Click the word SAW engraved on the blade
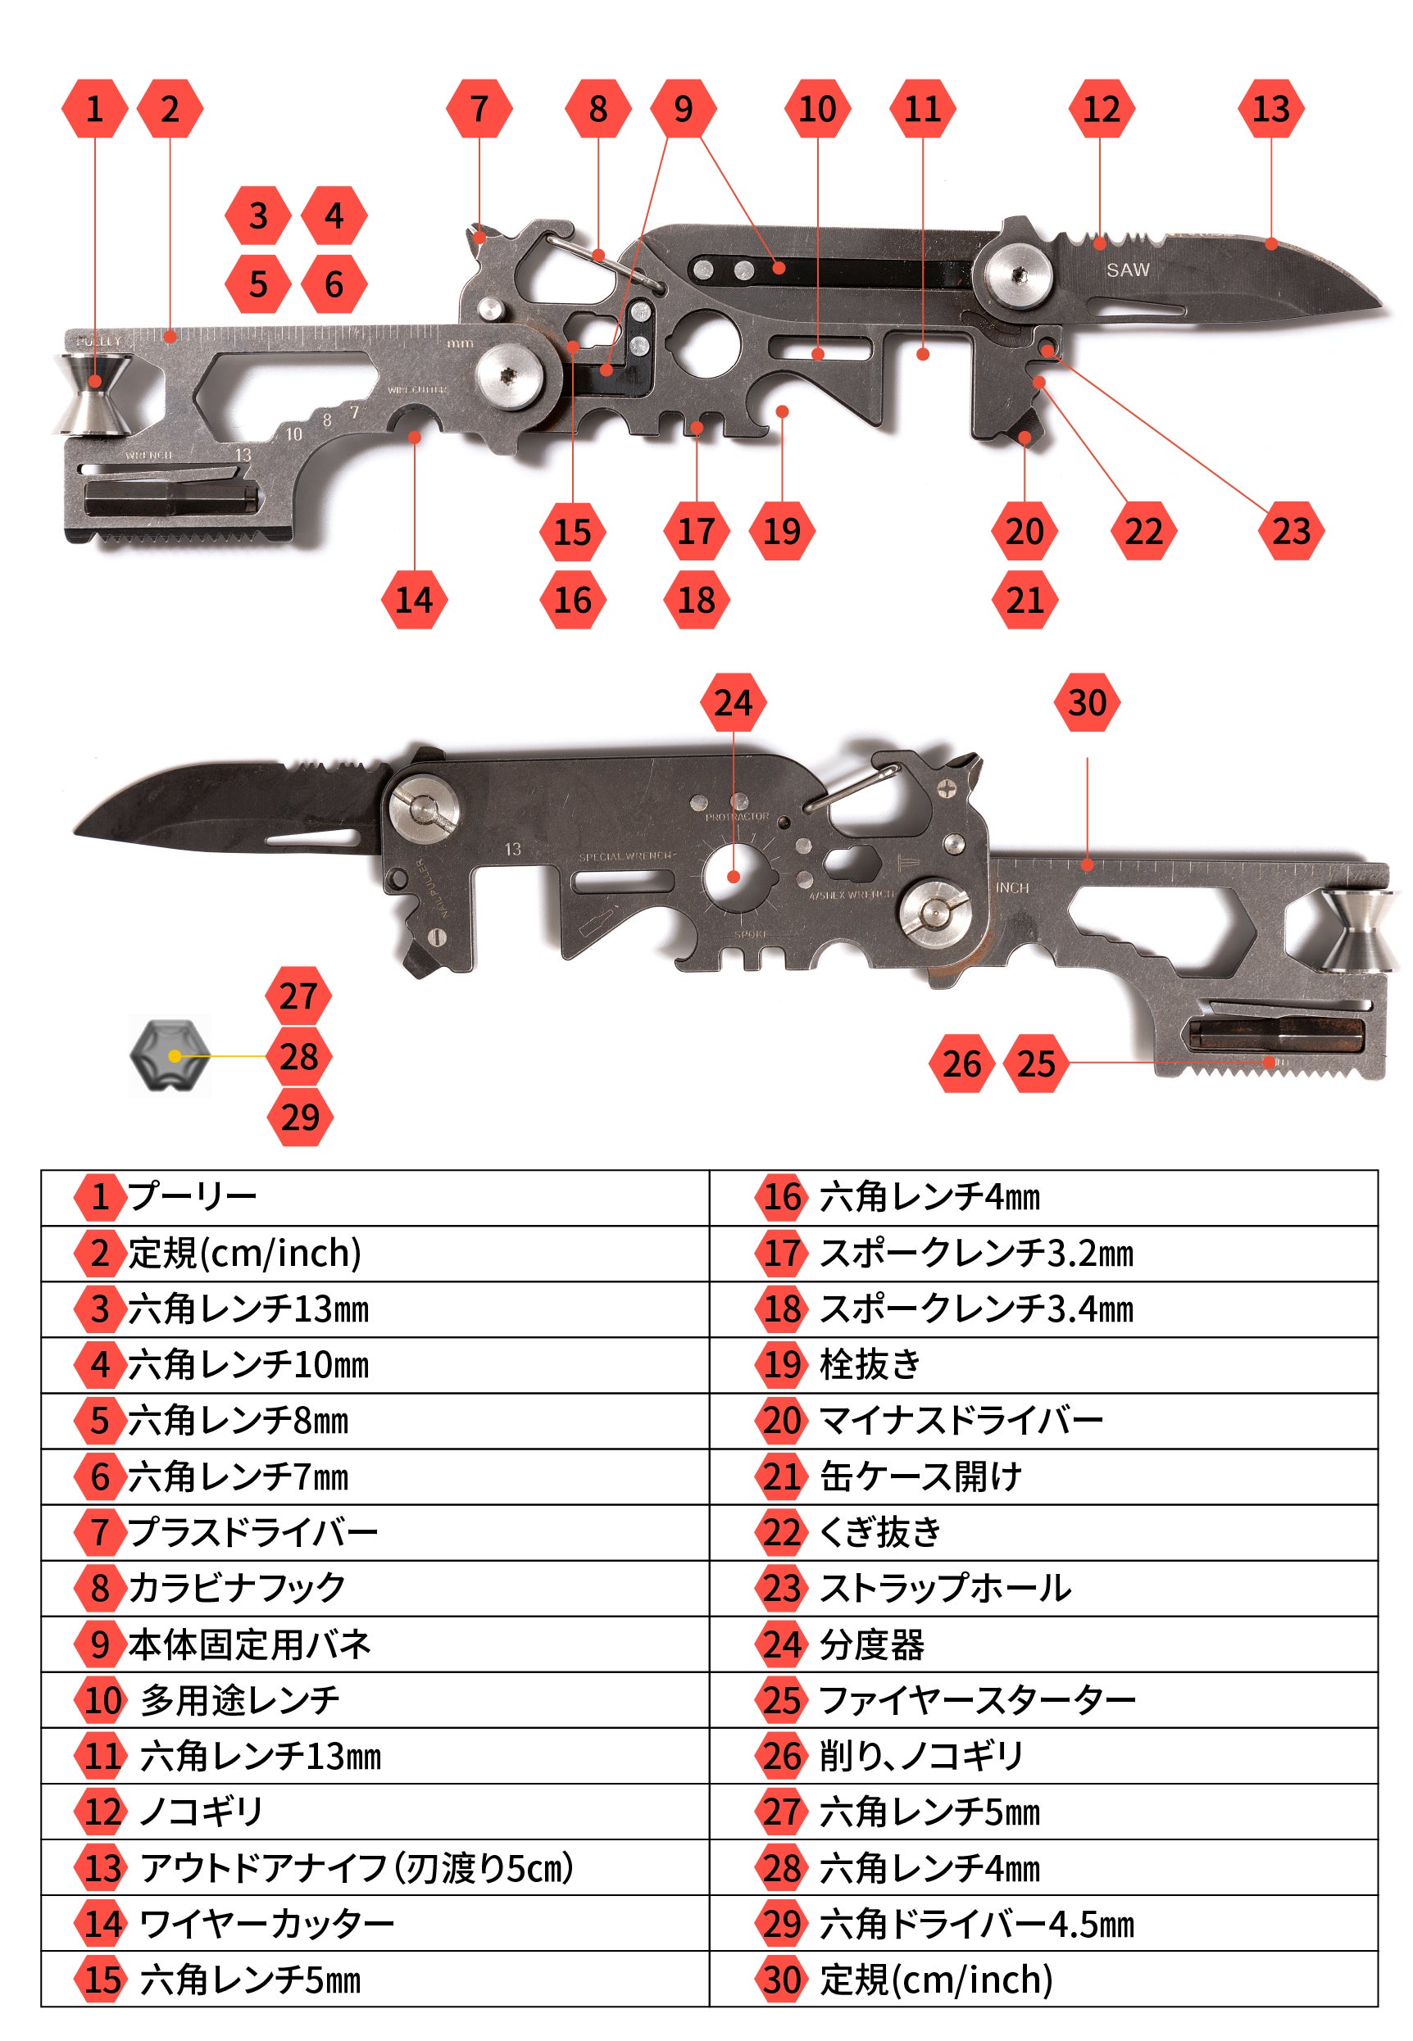[1127, 270]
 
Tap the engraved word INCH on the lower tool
[1013, 887]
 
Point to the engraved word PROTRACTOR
[737, 817]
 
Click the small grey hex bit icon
[170, 1056]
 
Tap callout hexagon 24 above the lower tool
[733, 703]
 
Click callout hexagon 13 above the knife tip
[1271, 109]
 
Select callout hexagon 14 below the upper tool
[415, 600]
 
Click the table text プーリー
[192, 1196]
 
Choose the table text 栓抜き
[870, 1364]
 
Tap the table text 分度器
[872, 1644]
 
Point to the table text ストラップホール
[946, 1588]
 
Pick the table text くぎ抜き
[880, 1532]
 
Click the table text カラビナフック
[236, 1588]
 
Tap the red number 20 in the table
[782, 1421]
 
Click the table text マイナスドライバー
[961, 1421]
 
